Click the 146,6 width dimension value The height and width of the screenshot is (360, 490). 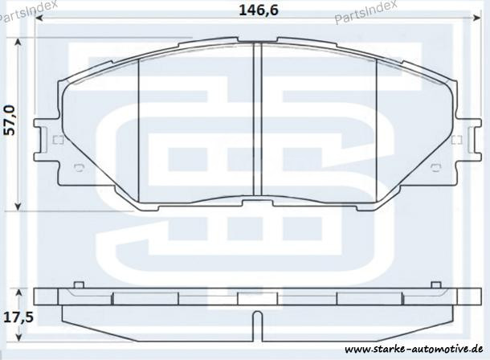tap(258, 10)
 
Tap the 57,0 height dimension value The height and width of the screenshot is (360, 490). tap(10, 120)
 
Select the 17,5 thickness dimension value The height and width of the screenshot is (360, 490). tap(18, 317)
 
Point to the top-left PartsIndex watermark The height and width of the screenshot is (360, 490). tap(27, 11)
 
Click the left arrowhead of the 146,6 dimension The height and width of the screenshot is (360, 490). tap(39, 18)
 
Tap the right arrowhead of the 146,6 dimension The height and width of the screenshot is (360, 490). tap(477, 18)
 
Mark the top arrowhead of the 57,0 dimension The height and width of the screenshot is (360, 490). tap(18, 43)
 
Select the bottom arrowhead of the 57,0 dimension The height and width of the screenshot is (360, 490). tap(18, 206)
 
